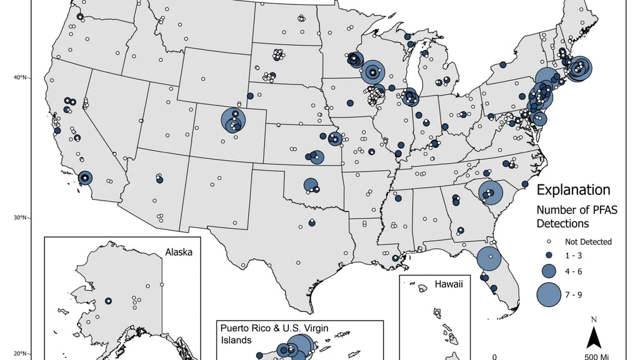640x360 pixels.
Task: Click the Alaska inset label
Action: pyautogui.click(x=179, y=252)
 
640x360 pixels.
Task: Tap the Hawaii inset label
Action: pyautogui.click(x=449, y=285)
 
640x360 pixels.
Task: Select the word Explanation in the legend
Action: pyautogui.click(x=573, y=189)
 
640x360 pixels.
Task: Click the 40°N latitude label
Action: pyautogui.click(x=21, y=77)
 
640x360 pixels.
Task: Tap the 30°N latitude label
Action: pyautogui.click(x=21, y=217)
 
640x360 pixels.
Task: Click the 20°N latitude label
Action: pyautogui.click(x=21, y=353)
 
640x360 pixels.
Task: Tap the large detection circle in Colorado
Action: pyautogui.click(x=233, y=120)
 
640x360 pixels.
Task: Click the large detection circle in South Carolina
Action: pyautogui.click(x=490, y=192)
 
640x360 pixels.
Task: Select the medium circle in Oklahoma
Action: pyautogui.click(x=311, y=185)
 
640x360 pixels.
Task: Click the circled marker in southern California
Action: pyautogui.click(x=84, y=179)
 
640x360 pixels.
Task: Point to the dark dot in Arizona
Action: pyautogui.click(x=159, y=180)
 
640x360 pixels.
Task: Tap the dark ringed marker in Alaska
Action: pyautogui.click(x=108, y=301)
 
